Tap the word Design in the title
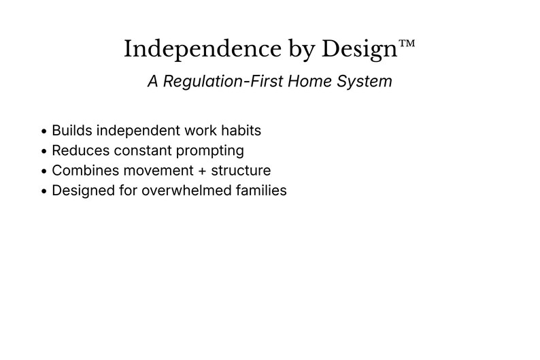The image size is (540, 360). coord(358,50)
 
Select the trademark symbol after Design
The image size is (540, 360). coord(406,44)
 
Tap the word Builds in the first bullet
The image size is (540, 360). coord(71,131)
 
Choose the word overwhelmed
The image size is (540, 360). coord(184,191)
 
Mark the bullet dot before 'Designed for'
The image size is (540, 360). coord(44,191)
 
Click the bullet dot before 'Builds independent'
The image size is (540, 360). coord(44,131)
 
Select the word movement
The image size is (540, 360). coord(158,171)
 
